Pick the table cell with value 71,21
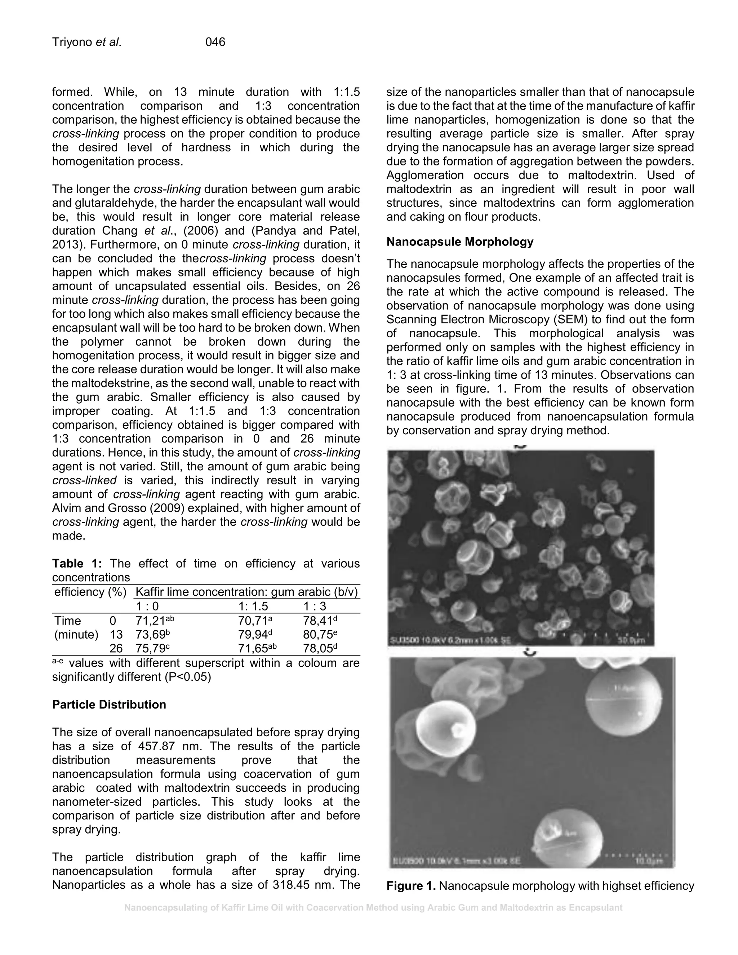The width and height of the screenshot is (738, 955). click(152, 621)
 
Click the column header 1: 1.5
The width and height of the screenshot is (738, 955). click(253, 606)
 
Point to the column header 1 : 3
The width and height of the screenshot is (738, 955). click(315, 606)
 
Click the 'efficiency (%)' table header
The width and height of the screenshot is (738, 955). click(90, 592)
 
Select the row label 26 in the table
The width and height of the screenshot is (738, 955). click(116, 648)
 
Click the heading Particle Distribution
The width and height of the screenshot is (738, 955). click(109, 705)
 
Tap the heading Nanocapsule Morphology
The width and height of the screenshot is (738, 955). click(459, 242)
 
